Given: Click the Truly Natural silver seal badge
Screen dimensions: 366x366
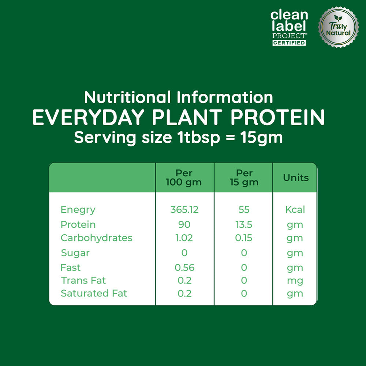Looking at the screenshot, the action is click(x=338, y=27).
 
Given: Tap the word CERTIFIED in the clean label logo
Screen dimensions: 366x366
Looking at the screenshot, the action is click(x=289, y=43).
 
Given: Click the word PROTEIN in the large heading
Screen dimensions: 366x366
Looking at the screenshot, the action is click(x=277, y=117).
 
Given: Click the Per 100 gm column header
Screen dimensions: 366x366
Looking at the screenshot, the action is click(x=184, y=178).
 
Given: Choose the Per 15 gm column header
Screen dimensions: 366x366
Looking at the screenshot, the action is click(x=244, y=178).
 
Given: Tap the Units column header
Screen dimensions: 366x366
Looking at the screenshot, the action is click(x=296, y=178).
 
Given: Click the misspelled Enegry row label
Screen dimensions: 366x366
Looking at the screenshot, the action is click(x=78, y=210).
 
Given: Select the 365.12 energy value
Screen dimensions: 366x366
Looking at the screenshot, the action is click(x=184, y=210).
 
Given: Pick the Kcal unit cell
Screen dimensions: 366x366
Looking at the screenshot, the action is click(x=295, y=210).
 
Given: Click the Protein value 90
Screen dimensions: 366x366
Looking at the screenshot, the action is click(x=184, y=225).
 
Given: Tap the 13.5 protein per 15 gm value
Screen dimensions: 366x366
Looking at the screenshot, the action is click(x=244, y=225).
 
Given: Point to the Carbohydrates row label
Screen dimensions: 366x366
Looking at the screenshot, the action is click(x=96, y=238).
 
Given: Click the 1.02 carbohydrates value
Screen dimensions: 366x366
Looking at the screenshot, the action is click(x=184, y=238).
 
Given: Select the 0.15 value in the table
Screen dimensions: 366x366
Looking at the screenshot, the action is click(x=244, y=238).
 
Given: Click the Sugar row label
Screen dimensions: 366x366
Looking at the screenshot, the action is click(x=75, y=253).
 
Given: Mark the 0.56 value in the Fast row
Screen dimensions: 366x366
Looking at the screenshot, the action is click(x=184, y=268).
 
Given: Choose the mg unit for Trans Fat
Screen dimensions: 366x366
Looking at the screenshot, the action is click(x=295, y=281).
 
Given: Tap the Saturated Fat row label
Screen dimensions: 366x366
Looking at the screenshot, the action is click(x=94, y=294).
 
